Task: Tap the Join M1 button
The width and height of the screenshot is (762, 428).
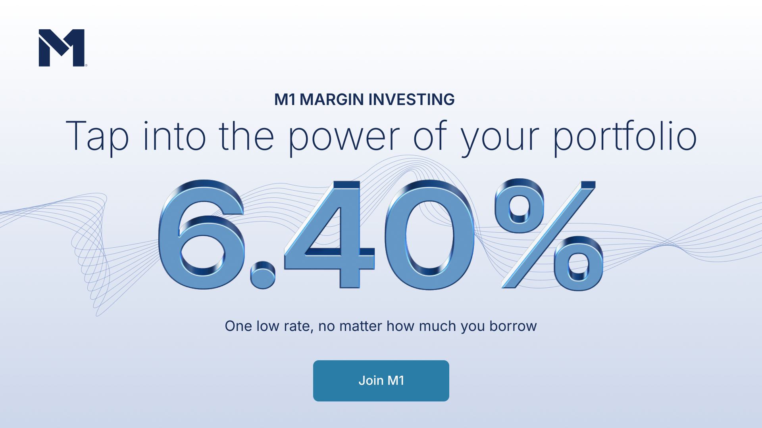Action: pos(381,380)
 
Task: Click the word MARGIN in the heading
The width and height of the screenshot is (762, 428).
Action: pos(332,99)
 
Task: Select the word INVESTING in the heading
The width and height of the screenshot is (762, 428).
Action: pos(412,99)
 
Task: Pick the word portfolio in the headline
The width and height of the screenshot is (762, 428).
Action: pos(625,137)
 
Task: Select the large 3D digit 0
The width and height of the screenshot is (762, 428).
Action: pos(429,235)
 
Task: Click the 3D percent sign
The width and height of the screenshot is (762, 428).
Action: pos(548,235)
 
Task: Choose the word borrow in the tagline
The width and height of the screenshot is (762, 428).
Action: pos(513,326)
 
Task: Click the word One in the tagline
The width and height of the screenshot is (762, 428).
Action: pos(238,326)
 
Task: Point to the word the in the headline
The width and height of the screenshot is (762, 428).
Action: pos(246,136)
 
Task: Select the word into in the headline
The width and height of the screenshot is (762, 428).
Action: pos(174,136)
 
